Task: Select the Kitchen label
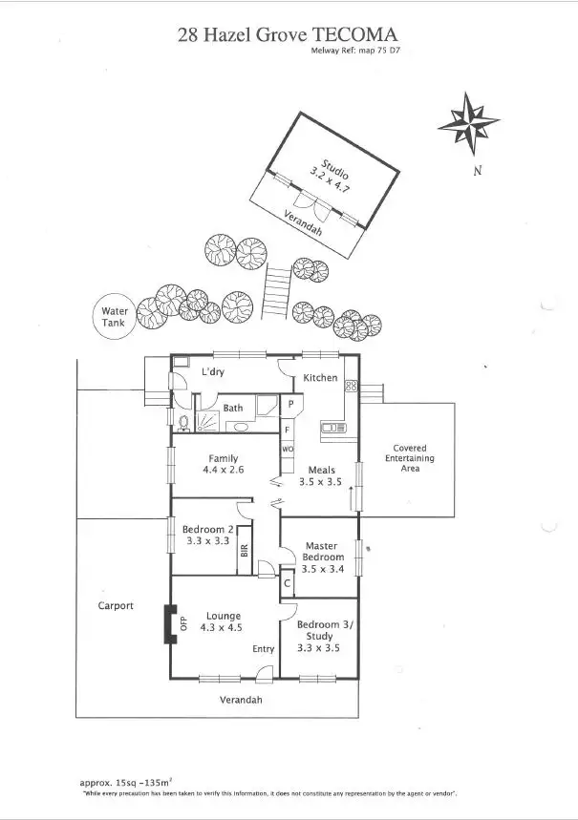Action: (320, 378)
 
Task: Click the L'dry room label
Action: (212, 371)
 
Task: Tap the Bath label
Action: (233, 409)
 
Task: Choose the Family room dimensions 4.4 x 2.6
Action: (224, 471)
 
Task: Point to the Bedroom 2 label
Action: (208, 529)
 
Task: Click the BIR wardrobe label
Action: (246, 551)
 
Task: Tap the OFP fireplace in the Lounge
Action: (172, 625)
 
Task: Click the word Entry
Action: (264, 649)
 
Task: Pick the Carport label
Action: (116, 605)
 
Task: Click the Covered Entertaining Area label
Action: (409, 458)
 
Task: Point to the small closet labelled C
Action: (287, 581)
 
